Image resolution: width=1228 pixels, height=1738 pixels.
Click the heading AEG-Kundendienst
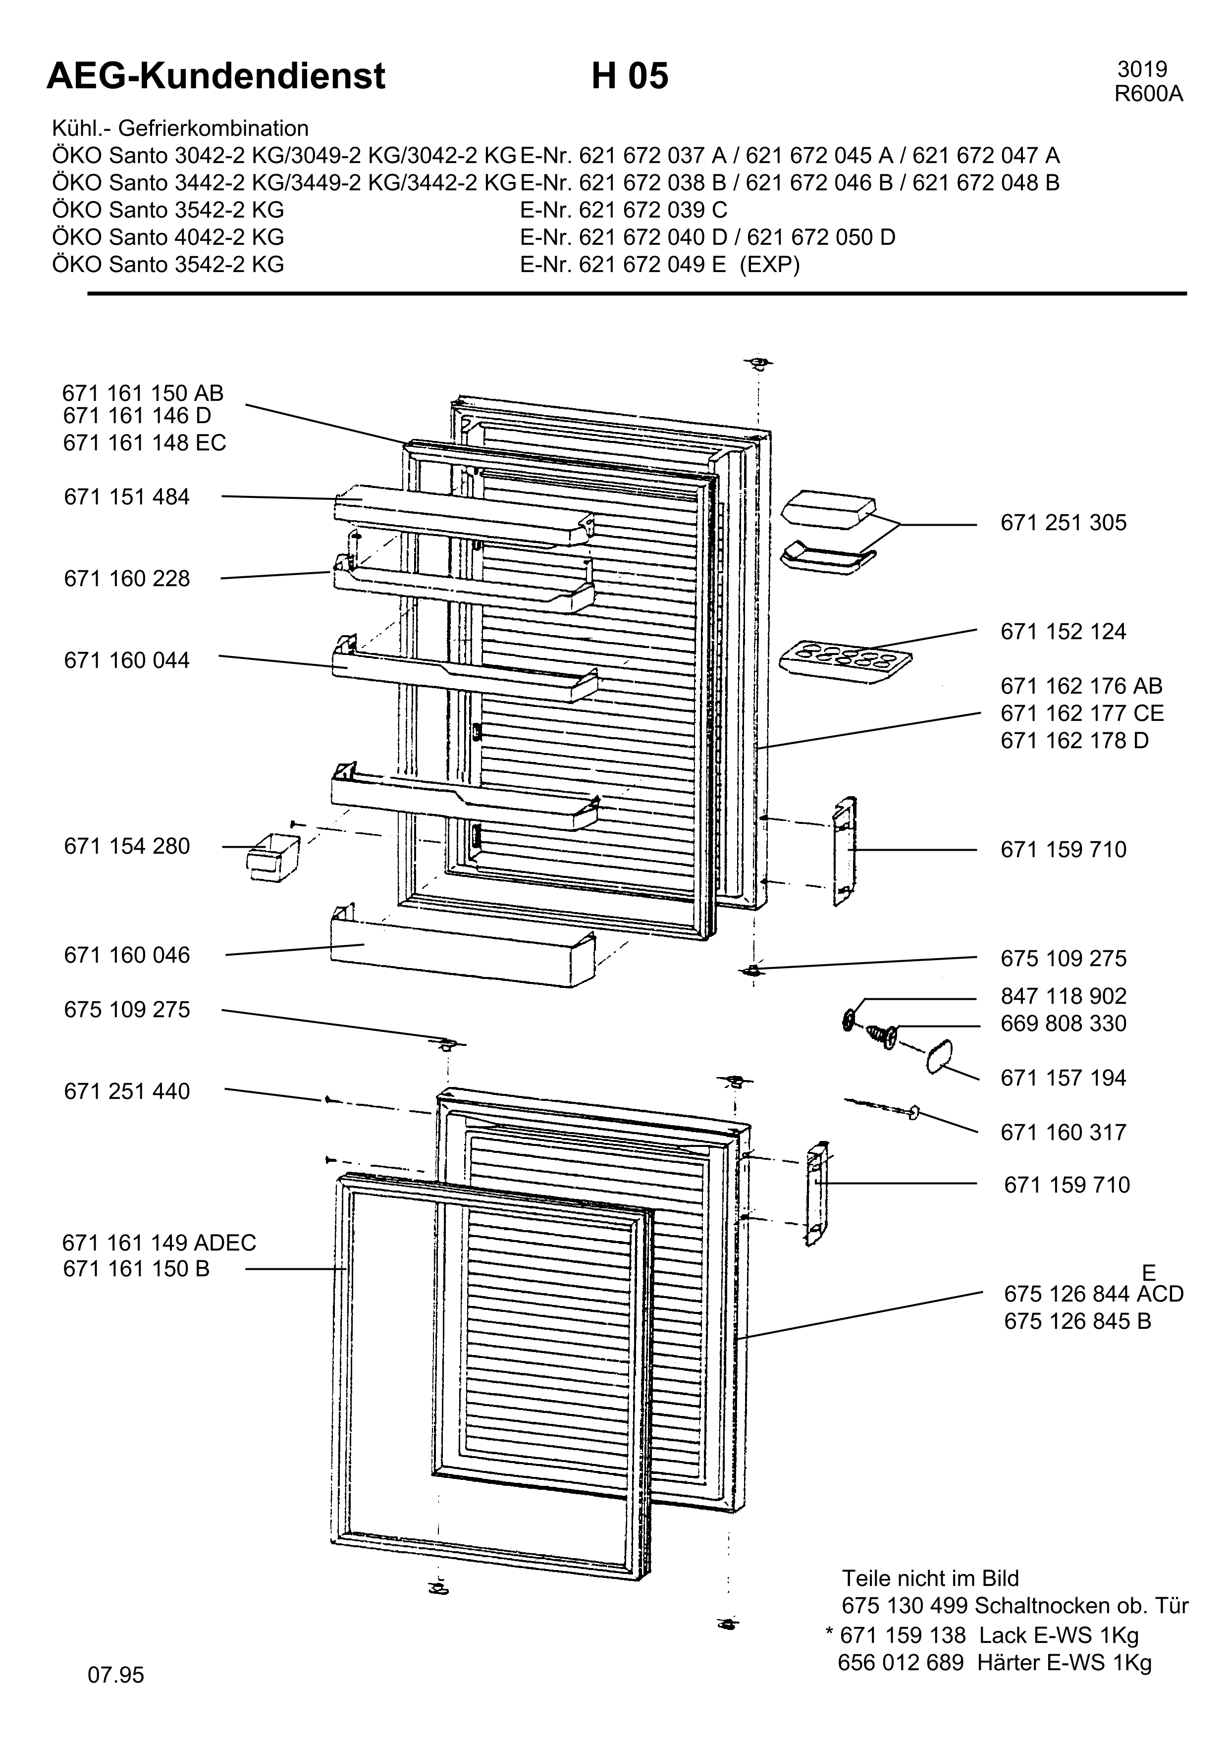[216, 76]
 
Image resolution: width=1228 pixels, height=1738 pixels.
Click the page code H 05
[630, 76]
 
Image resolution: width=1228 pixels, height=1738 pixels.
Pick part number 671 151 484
[127, 497]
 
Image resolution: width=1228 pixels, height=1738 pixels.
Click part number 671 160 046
[127, 955]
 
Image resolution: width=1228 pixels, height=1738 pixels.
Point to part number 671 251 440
[127, 1091]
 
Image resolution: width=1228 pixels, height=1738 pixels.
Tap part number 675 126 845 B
[1077, 1321]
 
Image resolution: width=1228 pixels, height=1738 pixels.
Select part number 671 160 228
[127, 579]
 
